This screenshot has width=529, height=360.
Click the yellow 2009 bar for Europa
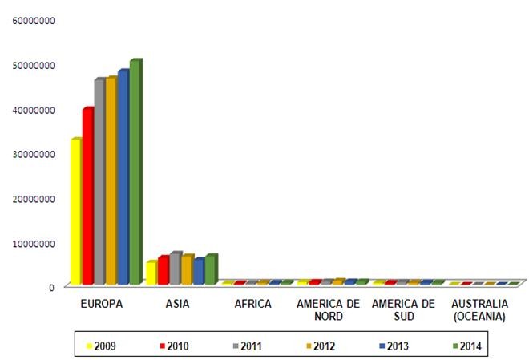pos(75,212)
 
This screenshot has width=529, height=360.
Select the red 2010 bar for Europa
pos(87,197)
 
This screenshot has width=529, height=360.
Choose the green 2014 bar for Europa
pos(134,173)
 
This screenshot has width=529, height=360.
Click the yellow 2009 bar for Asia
pos(150,273)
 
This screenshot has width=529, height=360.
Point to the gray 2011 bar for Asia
pos(174,269)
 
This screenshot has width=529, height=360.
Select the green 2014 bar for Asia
pos(210,270)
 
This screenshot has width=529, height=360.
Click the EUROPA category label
pos(102,305)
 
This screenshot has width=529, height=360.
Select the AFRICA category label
pos(253,305)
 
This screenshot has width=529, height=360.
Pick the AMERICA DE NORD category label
pos(328,310)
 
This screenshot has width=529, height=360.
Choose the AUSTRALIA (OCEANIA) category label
pos(479,310)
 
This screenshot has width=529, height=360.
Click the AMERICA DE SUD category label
pos(403,310)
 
